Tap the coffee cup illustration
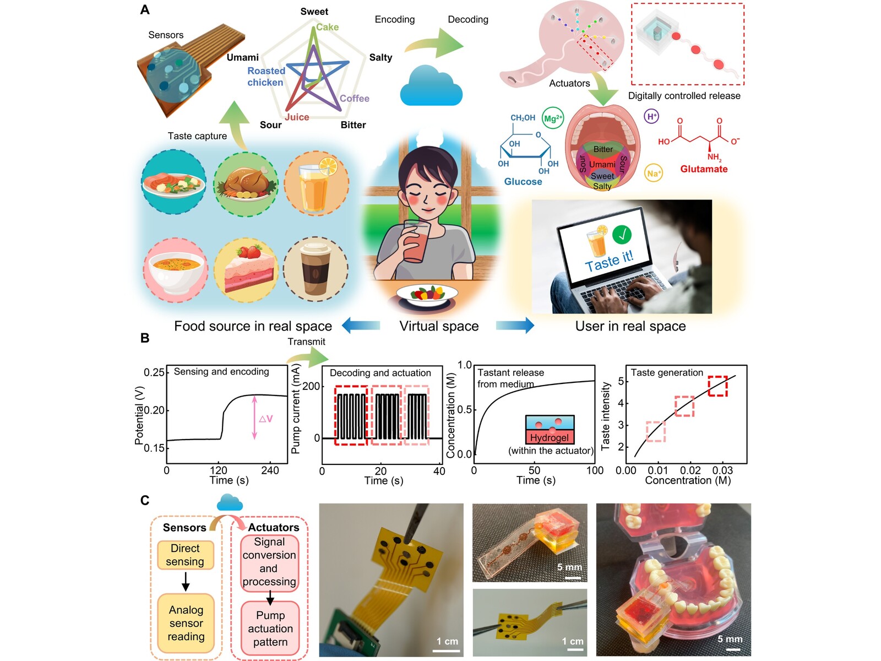316,269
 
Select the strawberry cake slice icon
245,270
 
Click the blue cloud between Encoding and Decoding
431,86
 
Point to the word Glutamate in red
704,169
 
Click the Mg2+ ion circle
552,118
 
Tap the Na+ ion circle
653,174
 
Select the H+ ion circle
651,116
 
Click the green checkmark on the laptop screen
622,235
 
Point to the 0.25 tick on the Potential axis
154,373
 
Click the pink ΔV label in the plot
265,419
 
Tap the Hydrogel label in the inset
549,438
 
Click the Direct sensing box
185,555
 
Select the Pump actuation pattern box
270,629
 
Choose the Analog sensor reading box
186,623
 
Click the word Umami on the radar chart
242,57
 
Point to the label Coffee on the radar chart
354,99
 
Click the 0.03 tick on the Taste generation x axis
722,470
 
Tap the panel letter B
145,338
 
